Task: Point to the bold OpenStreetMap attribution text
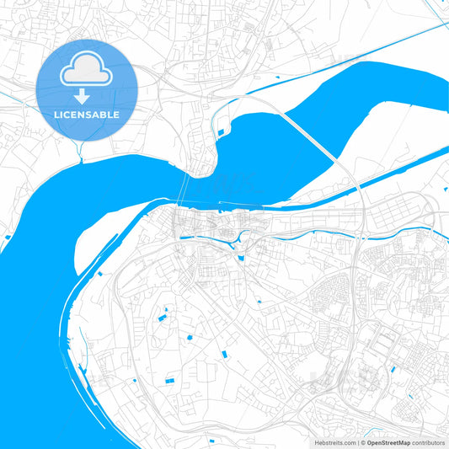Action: (393, 441)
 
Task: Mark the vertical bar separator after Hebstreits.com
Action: (360, 441)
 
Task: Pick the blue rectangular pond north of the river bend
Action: (222, 132)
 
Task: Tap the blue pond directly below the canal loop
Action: (241, 257)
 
